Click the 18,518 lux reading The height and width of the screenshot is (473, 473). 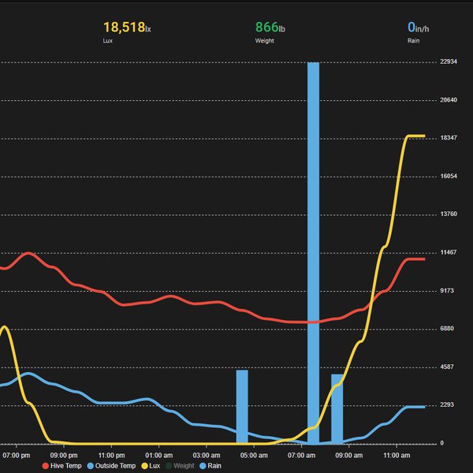pos(126,28)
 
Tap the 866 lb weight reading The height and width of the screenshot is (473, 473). pos(269,28)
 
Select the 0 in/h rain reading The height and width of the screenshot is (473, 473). pos(418,28)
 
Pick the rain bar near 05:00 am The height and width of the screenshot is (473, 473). pos(242,406)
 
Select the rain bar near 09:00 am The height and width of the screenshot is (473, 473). pos(337,408)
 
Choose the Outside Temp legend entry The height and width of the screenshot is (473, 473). pos(114,466)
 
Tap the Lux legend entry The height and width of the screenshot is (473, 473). pos(152,466)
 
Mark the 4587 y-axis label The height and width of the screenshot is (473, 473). pos(449,367)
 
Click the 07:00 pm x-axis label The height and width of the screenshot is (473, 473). pos(17,455)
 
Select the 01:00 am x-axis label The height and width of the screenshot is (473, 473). pos(159,455)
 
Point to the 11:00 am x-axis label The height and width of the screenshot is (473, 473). pos(397,455)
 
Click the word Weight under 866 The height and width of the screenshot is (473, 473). pos(264,40)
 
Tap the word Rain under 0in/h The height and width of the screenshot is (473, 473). pos(414,40)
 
